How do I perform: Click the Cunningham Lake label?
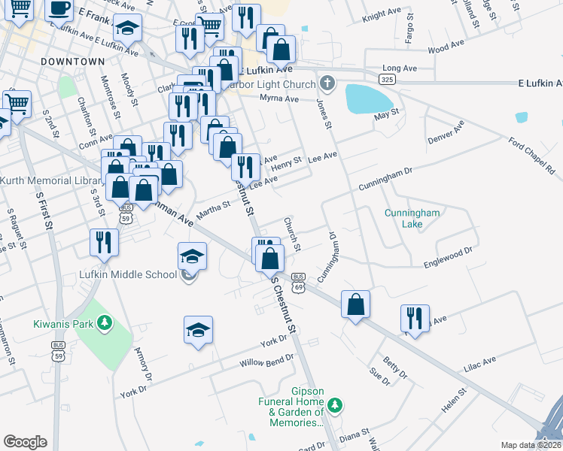pos(412,218)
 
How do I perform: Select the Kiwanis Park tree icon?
pos(106,325)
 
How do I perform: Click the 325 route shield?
pos(387,78)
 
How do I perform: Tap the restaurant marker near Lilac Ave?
pos(415,318)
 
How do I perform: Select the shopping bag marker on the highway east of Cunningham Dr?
pos(356,304)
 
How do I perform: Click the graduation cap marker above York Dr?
pos(198,329)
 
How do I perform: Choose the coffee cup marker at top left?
pos(59,8)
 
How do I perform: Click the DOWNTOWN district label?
pos(73,61)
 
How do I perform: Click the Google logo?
pos(26,442)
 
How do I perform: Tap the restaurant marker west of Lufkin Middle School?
pos(103,241)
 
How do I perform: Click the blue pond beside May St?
pos(369,98)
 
